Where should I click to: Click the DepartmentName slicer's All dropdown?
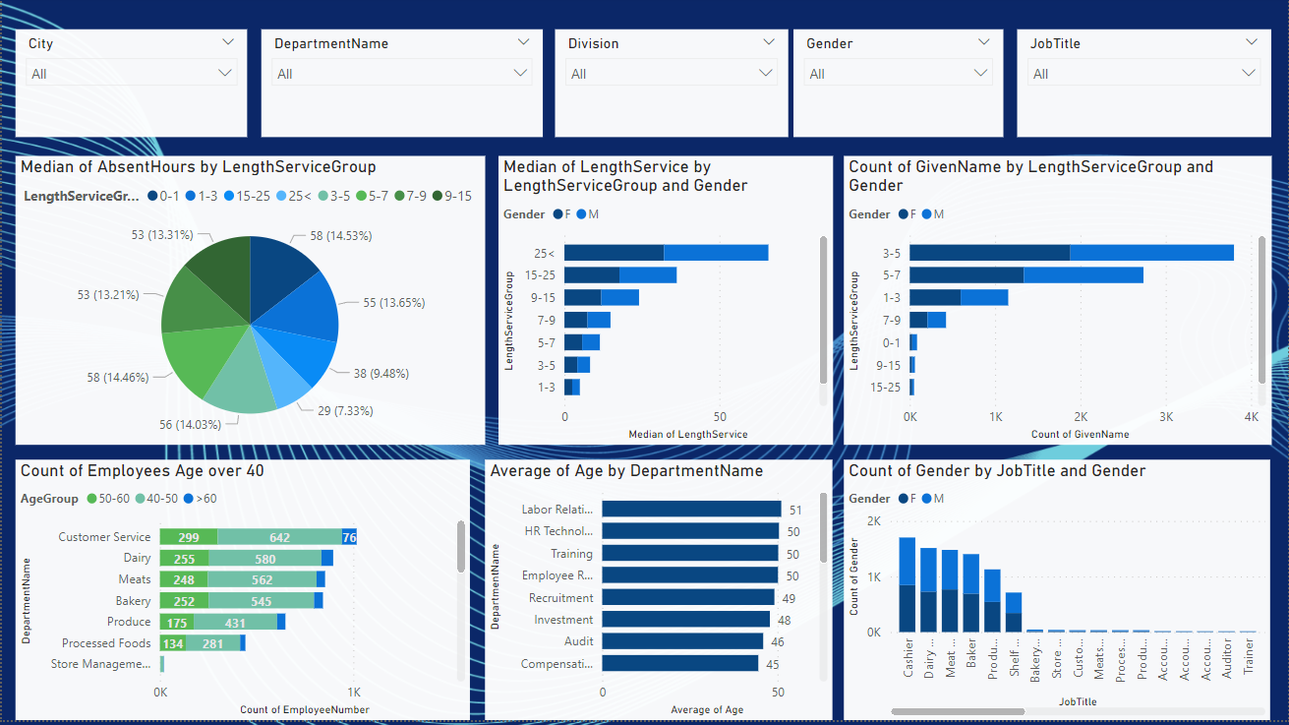[401, 74]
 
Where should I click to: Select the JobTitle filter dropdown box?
[1143, 74]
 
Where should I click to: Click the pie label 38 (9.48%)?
[381, 374]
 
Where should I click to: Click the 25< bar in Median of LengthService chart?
[666, 253]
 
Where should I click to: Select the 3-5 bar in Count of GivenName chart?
[1071, 253]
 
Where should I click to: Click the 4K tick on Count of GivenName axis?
[1251, 417]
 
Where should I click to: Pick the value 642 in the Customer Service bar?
[279, 537]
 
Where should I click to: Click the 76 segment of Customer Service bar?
[349, 537]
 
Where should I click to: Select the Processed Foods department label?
[106, 643]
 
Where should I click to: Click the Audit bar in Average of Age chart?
[682, 641]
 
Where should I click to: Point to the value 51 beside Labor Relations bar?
[795, 510]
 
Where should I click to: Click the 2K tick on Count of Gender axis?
[873, 520]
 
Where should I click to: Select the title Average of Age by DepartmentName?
[626, 471]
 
